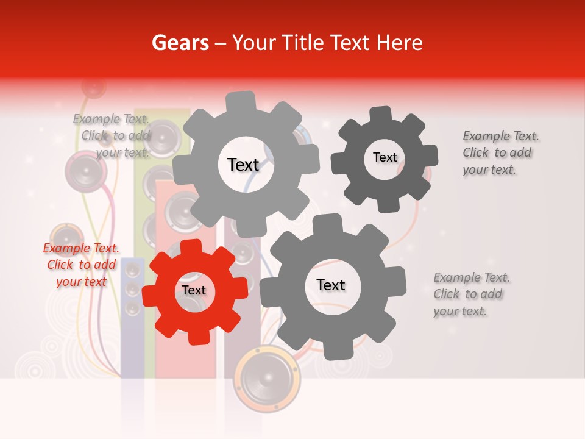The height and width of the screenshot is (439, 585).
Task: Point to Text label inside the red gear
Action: (194, 290)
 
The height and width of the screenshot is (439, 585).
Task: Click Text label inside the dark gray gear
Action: (385, 157)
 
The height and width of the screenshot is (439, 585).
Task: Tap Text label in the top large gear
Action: (243, 165)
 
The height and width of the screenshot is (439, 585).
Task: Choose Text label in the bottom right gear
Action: (331, 285)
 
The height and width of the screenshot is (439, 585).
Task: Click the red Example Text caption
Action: (81, 265)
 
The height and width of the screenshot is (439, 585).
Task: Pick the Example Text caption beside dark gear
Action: (500, 152)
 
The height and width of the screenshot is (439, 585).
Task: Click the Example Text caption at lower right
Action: (472, 294)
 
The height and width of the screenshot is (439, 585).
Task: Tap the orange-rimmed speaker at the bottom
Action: (267, 378)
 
